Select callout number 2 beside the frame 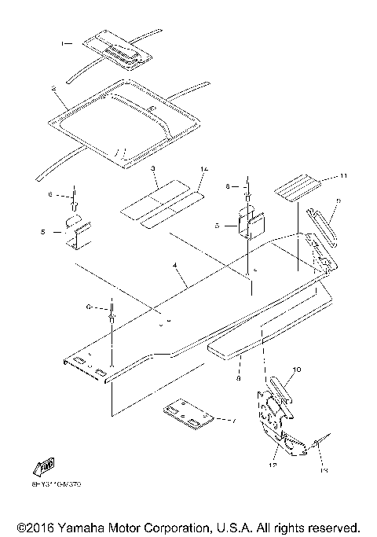coord(53,90)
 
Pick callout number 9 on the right coord(338,200)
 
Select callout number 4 coord(177,268)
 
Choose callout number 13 coord(324,470)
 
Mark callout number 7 coord(232,421)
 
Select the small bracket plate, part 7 coord(187,416)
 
